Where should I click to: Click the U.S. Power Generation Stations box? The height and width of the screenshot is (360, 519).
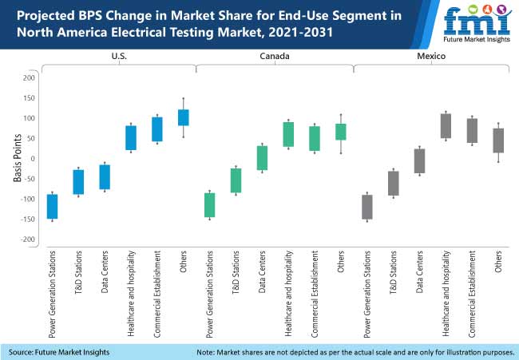(x=52, y=206)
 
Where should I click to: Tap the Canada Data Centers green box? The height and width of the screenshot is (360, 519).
(x=262, y=158)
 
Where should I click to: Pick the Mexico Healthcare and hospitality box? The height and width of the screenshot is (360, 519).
(x=446, y=126)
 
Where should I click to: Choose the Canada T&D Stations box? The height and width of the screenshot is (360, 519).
(x=236, y=180)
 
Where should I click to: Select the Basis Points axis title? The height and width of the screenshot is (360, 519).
(x=16, y=160)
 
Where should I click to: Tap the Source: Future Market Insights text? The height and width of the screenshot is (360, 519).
(x=60, y=352)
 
